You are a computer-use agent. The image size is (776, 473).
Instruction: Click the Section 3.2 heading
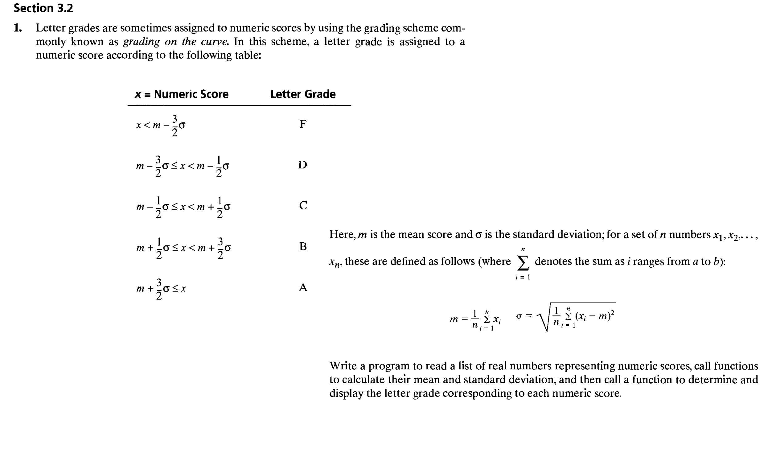click(43, 8)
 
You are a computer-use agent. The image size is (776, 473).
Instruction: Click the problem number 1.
click(18, 28)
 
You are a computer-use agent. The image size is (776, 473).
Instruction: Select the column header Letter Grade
click(303, 94)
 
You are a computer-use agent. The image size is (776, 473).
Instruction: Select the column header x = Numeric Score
click(182, 94)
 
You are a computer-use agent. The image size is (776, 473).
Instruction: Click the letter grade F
click(303, 124)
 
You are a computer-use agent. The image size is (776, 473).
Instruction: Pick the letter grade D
click(302, 165)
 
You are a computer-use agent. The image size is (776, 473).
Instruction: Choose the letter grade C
click(303, 205)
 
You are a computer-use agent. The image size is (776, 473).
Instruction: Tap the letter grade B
click(303, 246)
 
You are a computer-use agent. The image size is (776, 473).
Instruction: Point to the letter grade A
click(303, 287)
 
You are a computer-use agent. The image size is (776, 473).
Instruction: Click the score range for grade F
click(161, 125)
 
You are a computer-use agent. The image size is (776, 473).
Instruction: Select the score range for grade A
click(161, 289)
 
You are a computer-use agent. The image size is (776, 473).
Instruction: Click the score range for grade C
click(183, 207)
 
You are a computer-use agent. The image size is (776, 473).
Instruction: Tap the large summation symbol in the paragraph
click(523, 263)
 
